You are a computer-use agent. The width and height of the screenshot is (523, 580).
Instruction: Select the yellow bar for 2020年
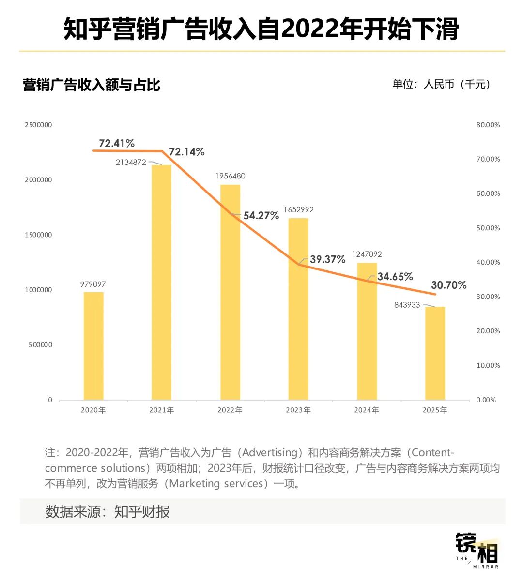93,346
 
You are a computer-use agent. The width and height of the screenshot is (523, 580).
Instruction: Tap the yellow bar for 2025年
435,353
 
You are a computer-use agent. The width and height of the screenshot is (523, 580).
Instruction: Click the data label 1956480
230,176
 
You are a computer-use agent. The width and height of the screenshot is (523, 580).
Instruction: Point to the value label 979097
93,284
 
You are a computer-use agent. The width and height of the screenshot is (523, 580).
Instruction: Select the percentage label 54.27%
261,216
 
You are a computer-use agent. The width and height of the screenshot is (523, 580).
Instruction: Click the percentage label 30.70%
448,285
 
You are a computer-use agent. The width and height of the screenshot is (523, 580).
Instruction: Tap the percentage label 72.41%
117,143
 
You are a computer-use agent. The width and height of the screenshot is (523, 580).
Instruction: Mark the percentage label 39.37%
328,259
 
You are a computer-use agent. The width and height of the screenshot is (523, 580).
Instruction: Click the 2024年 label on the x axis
367,410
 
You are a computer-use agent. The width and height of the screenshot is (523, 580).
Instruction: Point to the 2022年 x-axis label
230,410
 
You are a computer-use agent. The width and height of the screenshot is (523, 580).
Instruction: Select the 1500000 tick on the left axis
38,235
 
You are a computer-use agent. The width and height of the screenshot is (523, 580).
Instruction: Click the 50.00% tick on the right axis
488,228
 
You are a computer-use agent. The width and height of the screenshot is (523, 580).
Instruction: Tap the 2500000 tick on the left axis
38,125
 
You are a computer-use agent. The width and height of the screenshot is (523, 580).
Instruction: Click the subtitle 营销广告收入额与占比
92,85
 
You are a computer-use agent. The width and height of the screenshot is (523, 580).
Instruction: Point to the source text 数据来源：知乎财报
108,512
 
